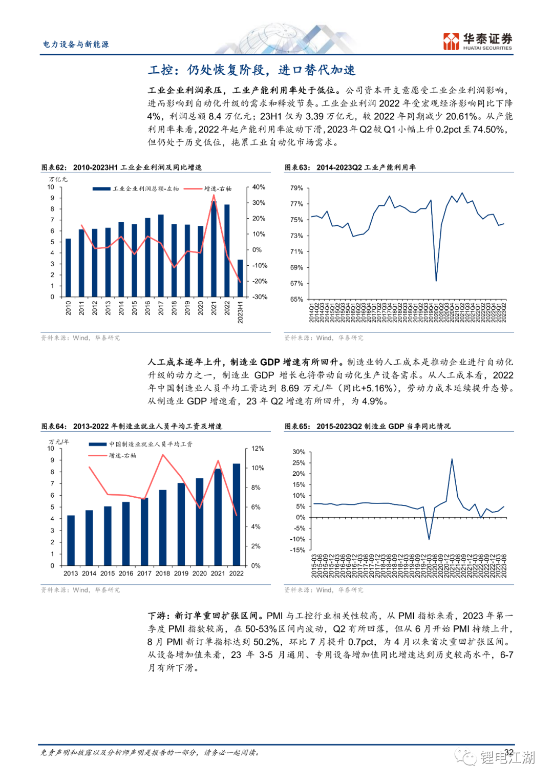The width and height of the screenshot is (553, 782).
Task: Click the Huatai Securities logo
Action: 477,41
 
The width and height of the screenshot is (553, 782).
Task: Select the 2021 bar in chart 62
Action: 214,249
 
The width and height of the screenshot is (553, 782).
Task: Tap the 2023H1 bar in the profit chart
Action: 240,278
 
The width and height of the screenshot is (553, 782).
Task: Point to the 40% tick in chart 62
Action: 259,187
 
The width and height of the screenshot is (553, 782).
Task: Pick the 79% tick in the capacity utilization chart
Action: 296,188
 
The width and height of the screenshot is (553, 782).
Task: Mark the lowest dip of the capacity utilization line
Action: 436,281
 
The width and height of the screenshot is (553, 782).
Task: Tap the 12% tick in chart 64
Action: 258,449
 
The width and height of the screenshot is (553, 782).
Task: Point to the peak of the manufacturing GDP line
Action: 452,459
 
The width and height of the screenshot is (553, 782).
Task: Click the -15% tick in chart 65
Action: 297,551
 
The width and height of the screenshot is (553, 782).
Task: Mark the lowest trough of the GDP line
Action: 429,539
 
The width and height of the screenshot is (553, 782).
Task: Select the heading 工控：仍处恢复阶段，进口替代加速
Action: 252,70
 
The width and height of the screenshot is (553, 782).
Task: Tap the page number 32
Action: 508,752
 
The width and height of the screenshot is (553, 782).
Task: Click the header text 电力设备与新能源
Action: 76,45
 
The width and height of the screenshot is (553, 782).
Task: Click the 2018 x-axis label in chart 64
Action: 163,574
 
